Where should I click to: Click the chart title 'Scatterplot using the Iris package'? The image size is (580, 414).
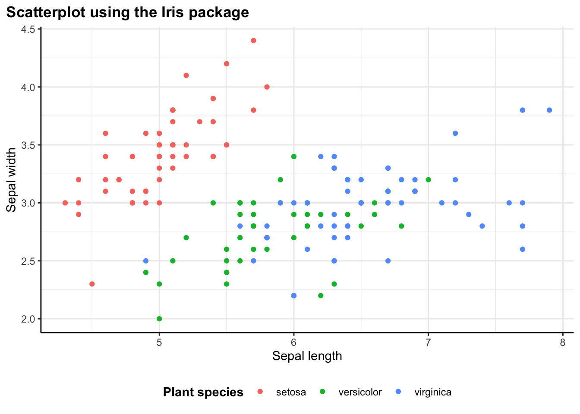click(128, 12)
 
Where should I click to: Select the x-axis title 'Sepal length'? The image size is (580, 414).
click(307, 356)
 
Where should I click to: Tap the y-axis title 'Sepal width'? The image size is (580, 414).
click(12, 180)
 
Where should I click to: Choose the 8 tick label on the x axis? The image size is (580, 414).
click(563, 342)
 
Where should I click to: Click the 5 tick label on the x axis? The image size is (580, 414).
click(159, 342)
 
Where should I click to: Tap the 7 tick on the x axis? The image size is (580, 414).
click(428, 342)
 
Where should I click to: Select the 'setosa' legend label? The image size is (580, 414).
click(291, 392)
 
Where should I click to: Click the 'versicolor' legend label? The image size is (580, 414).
click(360, 392)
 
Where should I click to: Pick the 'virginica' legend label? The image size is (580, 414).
click(433, 392)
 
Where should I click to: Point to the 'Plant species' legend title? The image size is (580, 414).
click(203, 392)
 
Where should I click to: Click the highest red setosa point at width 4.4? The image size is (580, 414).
click(253, 41)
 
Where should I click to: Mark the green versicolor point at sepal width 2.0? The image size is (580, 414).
click(159, 319)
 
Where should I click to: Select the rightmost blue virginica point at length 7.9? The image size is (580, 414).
click(549, 110)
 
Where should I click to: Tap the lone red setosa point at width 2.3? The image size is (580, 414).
click(92, 284)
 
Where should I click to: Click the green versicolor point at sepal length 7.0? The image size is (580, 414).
click(428, 179)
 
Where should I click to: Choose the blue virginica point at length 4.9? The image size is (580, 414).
click(146, 260)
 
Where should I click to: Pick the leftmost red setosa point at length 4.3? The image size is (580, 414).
click(65, 203)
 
